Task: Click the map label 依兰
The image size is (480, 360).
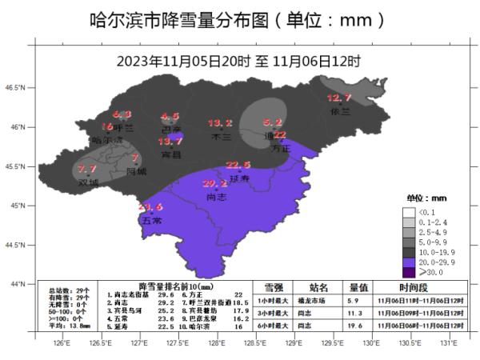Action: click(340, 112)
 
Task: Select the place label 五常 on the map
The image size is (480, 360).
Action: click(151, 219)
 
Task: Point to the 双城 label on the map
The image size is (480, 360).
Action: click(89, 182)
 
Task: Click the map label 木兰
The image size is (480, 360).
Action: click(220, 137)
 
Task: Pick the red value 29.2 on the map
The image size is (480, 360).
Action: click(215, 183)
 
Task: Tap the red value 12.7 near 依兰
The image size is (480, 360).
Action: click(339, 98)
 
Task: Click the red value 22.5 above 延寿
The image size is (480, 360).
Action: click(238, 165)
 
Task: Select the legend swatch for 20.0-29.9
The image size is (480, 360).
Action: click(409, 262)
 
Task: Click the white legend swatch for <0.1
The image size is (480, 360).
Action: click(409, 211)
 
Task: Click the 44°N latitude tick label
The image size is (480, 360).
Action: click(18, 283)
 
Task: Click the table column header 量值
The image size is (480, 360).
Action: click(358, 286)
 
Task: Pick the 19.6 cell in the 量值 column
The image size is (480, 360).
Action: click(358, 326)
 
